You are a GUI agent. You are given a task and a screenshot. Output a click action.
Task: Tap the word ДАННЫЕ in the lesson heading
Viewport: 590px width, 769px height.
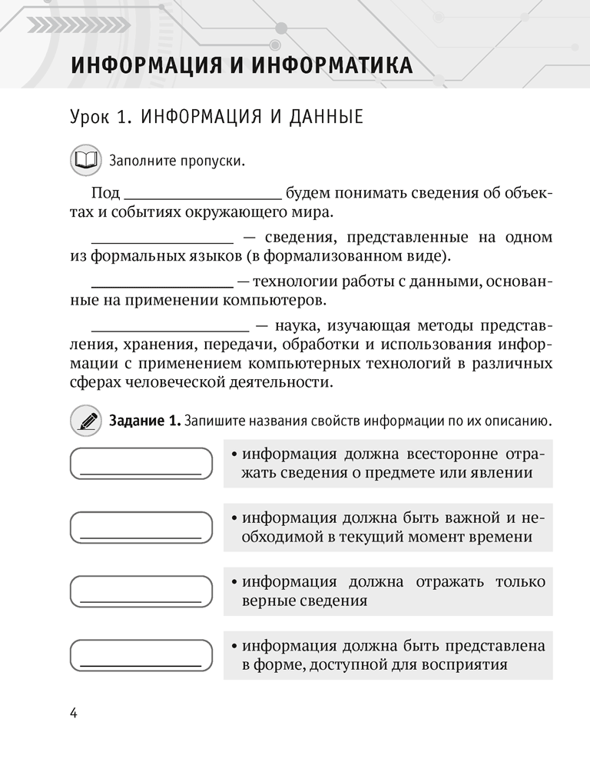(x=318, y=119)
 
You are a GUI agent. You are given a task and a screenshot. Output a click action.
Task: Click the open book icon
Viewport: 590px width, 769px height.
(x=85, y=161)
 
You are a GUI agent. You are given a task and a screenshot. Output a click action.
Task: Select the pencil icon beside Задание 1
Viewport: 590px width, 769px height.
(x=85, y=421)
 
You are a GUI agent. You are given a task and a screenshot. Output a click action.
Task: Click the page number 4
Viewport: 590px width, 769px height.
(x=74, y=712)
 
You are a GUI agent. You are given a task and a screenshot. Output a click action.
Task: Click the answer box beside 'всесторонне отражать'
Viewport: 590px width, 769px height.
(x=141, y=464)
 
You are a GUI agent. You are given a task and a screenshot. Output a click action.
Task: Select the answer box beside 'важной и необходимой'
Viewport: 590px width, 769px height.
(x=141, y=528)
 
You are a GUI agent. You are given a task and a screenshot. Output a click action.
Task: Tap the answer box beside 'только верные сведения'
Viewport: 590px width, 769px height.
(x=141, y=591)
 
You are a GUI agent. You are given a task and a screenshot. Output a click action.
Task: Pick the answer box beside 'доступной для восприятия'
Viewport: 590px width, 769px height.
(x=141, y=655)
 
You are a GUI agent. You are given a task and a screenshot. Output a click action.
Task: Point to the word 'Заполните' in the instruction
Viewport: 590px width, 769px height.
(x=144, y=161)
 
